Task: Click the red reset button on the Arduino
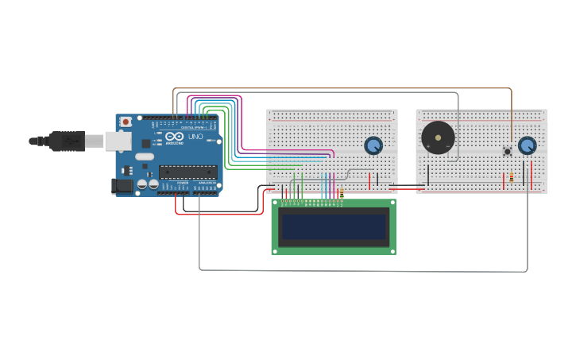[x=126, y=122]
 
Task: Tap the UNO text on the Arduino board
[x=195, y=137]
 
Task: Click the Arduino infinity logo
[x=175, y=137]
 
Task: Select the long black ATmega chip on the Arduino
[x=187, y=171]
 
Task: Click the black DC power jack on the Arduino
[x=120, y=185]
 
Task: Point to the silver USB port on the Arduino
[x=118, y=141]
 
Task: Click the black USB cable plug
[x=67, y=141]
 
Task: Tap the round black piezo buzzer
[x=438, y=137]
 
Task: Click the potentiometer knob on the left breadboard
[x=373, y=145]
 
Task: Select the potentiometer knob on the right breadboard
[x=527, y=145]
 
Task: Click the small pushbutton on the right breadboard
[x=507, y=151]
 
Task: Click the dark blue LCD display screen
[x=334, y=227]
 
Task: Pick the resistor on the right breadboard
[x=511, y=178]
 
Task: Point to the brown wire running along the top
[x=342, y=88]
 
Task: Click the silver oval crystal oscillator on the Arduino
[x=144, y=157]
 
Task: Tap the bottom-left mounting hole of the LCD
[x=276, y=250]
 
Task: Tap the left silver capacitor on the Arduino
[x=142, y=184]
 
